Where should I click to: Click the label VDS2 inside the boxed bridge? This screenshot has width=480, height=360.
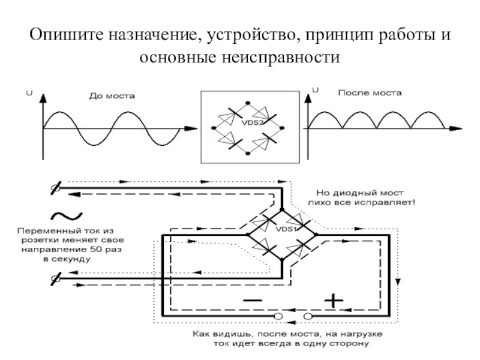(253, 123)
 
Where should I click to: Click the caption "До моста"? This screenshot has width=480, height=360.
(112, 96)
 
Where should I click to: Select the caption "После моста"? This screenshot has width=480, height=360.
(370, 93)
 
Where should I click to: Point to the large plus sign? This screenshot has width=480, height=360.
(334, 301)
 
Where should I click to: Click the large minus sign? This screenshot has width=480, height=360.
(253, 301)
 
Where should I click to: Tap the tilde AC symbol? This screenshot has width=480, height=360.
(67, 216)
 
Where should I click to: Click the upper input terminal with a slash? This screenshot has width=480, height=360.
(56, 188)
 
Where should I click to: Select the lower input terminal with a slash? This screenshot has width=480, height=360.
(56, 279)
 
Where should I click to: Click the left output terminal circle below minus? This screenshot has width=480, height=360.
(278, 316)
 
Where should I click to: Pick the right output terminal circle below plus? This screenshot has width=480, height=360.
(308, 316)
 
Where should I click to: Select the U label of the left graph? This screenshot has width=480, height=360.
(29, 93)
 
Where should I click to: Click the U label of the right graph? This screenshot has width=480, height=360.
(316, 89)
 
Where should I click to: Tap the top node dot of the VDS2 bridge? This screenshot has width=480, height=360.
(248, 103)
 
